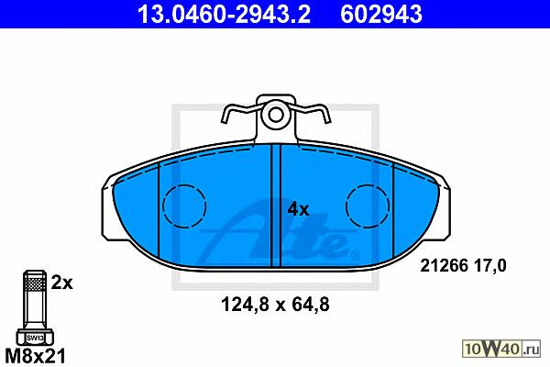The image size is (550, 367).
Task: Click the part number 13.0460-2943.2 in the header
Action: point(224,14)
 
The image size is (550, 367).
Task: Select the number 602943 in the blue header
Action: point(381,14)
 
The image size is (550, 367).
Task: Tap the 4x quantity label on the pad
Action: point(298,210)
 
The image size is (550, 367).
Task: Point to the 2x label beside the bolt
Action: point(62,283)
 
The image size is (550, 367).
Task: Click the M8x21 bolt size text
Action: point(36,356)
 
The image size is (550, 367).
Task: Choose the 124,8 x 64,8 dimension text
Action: point(275,305)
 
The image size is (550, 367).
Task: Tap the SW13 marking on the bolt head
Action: point(35,339)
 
